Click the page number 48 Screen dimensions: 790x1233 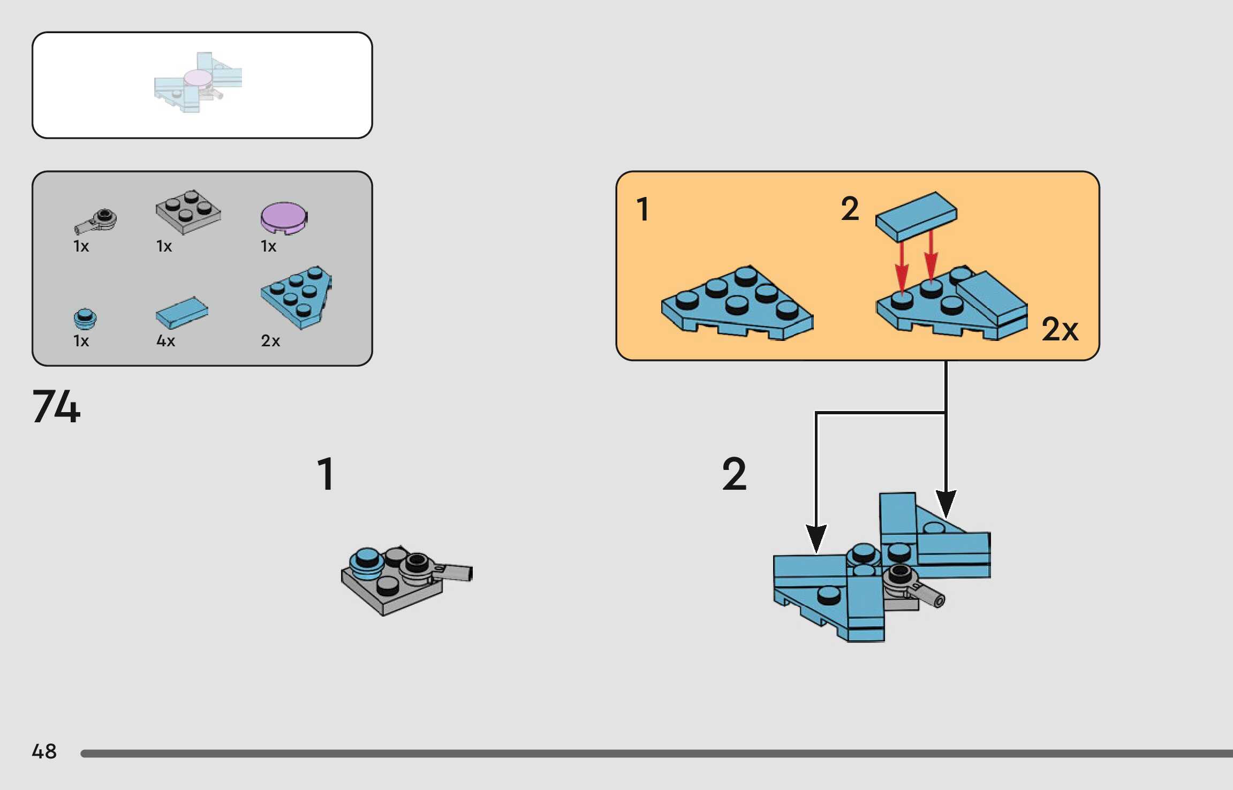point(44,751)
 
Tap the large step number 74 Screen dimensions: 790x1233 point(56,406)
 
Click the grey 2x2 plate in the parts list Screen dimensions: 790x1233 point(188,211)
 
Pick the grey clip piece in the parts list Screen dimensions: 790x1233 point(96,221)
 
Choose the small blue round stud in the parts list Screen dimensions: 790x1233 point(85,318)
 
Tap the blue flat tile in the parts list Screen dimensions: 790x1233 point(181,313)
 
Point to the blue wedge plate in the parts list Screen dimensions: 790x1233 point(297,297)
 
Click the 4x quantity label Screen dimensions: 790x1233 point(165,341)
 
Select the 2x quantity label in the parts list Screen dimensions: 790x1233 point(270,341)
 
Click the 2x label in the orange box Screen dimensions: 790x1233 point(1060,329)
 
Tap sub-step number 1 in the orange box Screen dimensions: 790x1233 point(643,209)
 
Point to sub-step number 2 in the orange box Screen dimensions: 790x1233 point(850,209)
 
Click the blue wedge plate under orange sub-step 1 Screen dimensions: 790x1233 point(737,303)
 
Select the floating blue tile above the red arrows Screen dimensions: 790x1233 point(916,216)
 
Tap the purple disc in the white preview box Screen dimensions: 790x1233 point(198,79)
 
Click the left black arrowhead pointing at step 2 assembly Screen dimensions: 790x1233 point(815,538)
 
